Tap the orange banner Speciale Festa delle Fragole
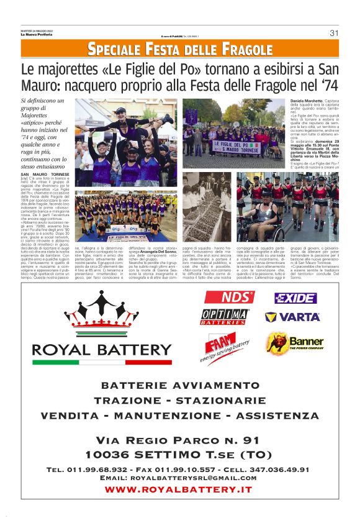179,48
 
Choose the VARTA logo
292,317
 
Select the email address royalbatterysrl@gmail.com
179,478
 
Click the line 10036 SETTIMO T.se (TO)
179,454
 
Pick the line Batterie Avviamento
179,386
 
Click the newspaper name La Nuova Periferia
35,34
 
